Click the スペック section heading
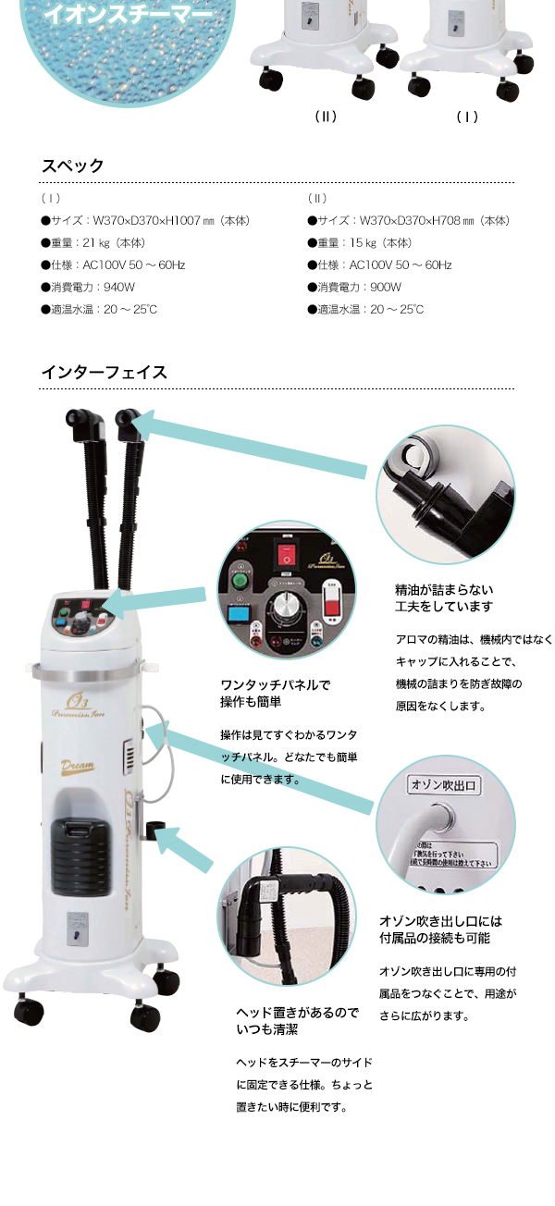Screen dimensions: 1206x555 coord(72,166)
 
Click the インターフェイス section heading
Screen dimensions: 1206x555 coord(104,373)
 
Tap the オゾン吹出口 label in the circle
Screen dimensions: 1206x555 coord(441,785)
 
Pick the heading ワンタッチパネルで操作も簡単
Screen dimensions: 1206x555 coord(275,694)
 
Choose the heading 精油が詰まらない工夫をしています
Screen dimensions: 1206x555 coord(444,597)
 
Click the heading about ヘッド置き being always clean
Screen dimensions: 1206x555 coord(297,1021)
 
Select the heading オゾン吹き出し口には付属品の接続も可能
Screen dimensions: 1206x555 coord(441,929)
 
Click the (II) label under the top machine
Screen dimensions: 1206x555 coord(325,117)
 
